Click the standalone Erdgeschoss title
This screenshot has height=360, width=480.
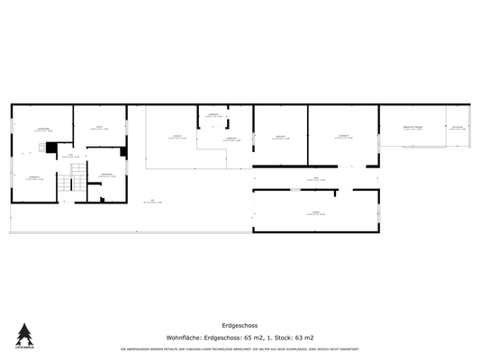click(x=240, y=326)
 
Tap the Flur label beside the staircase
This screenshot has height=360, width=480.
click(x=71, y=157)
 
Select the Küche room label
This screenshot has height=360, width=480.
click(x=98, y=128)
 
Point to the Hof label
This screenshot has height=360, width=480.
click(x=153, y=201)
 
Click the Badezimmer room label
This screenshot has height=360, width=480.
click(x=106, y=174)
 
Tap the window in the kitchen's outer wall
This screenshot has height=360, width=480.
click(x=99, y=105)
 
